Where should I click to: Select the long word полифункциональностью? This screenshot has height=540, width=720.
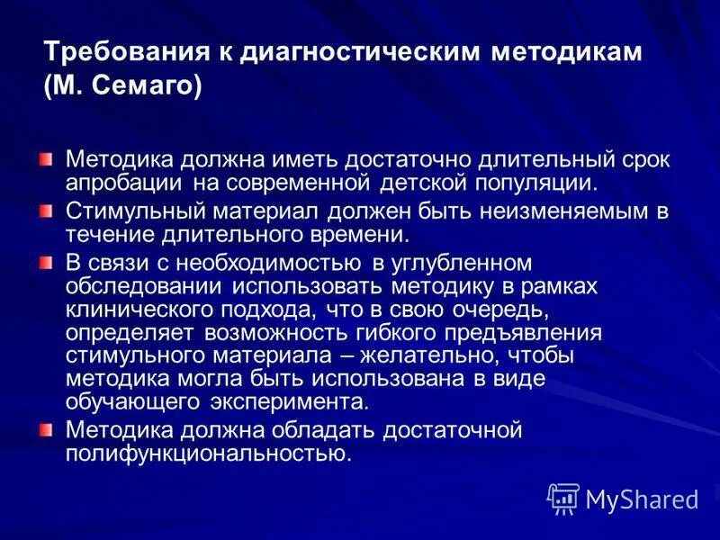point(206,452)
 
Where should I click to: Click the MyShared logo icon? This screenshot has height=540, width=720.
point(562,497)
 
